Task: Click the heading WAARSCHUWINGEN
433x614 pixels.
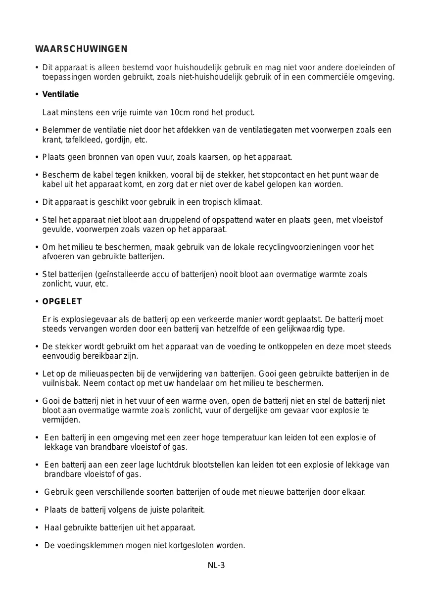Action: pyautogui.click(x=81, y=49)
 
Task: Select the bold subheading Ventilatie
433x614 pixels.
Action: pyautogui.click(x=60, y=94)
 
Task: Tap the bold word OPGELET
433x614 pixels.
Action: pyautogui.click(x=62, y=302)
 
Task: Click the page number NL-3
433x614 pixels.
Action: pyautogui.click(x=216, y=566)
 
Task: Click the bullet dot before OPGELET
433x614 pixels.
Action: pyautogui.click(x=37, y=302)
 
